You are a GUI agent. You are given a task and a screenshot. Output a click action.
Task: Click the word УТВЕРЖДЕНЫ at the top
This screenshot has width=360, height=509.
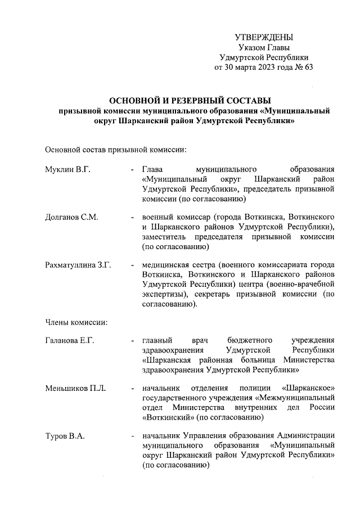point(264,37)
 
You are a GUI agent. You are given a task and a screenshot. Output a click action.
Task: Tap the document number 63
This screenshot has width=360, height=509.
point(307,67)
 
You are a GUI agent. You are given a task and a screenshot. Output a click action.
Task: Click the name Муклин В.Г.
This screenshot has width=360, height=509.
point(67,169)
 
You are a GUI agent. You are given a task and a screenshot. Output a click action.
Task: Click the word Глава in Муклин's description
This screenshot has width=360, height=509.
point(152,169)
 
